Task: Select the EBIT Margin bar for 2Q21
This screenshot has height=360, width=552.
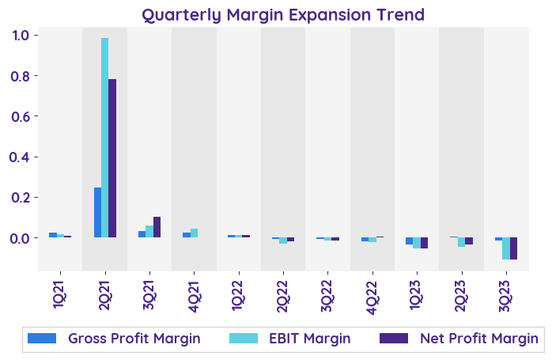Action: (105, 138)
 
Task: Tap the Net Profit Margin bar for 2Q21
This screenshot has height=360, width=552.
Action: (112, 158)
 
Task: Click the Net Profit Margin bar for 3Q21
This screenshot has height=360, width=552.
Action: (157, 227)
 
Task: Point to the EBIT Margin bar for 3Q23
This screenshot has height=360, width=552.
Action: (506, 248)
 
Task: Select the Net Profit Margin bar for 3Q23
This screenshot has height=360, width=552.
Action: (513, 248)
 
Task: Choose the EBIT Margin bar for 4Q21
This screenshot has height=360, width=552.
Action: (194, 233)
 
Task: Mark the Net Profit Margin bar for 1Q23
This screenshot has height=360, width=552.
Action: (424, 243)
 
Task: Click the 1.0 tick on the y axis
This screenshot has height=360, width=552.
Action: (21, 36)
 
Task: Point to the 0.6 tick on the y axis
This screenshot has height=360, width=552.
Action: (21, 116)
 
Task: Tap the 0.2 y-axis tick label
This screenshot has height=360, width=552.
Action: (21, 197)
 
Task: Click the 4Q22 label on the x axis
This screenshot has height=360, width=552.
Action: (372, 288)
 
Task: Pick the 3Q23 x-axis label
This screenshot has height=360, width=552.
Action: (506, 288)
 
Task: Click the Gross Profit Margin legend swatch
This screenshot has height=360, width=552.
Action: (42, 339)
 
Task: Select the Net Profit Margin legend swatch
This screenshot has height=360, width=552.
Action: (393, 339)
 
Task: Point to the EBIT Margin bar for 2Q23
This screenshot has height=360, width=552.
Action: (462, 242)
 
